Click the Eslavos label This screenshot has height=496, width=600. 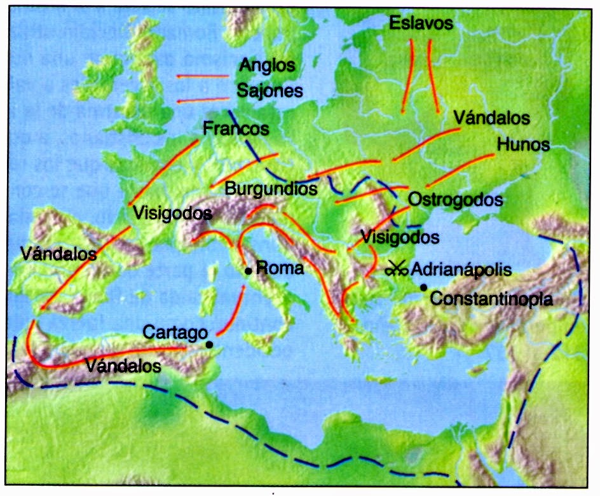click(422, 24)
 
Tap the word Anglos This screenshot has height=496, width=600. click(268, 65)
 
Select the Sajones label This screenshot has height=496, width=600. click(269, 91)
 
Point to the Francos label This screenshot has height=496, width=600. click(236, 128)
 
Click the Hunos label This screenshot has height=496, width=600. click(524, 144)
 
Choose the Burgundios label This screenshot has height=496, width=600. click(271, 189)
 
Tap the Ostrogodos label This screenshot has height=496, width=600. click(455, 199)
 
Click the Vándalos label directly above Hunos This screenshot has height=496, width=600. click(493, 118)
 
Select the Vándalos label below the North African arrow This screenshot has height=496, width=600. click(123, 366)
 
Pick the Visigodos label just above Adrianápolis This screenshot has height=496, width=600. click(400, 237)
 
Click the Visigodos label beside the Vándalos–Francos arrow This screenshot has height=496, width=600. click(172, 212)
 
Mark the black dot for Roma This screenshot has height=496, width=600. click(249, 271)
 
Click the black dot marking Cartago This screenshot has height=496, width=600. click(209, 345)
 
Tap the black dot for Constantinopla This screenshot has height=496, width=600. click(423, 287)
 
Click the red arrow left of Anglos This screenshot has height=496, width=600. click(202, 76)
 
